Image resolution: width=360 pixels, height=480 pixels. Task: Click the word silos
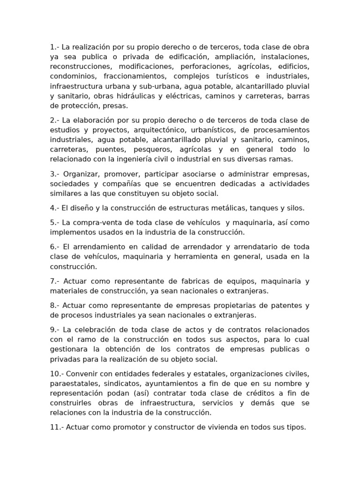point(296,208)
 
